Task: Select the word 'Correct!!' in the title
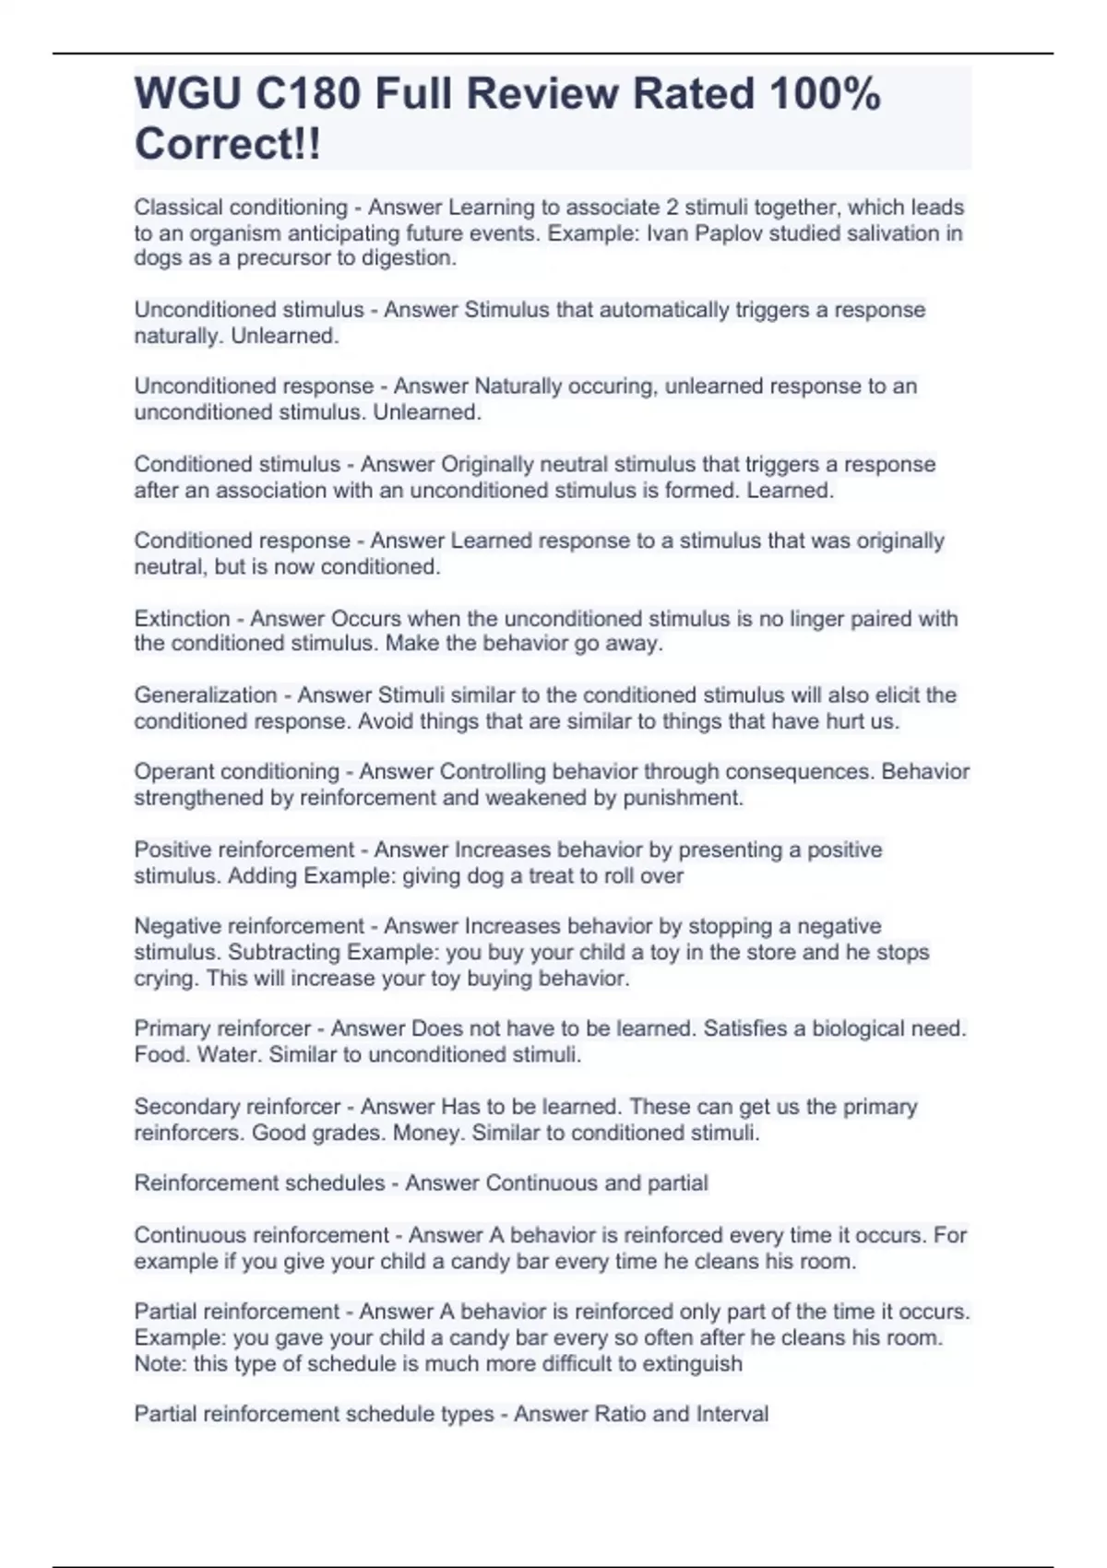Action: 228,144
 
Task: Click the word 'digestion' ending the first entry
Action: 411,258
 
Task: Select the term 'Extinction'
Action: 182,618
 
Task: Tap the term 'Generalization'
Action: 205,695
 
